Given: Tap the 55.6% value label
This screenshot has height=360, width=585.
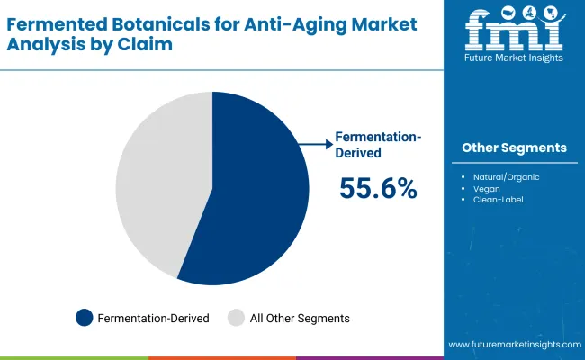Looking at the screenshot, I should (378, 188).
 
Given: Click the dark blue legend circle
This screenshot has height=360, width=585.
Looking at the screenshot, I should (85, 318).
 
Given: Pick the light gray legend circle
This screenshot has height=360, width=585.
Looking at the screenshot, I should (236, 318).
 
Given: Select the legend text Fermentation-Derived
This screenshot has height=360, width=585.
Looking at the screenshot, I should (153, 318).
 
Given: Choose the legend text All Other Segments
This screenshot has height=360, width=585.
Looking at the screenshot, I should (300, 318).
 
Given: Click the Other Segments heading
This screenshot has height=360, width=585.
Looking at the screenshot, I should (514, 148).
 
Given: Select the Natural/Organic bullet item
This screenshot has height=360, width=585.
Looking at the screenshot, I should (506, 177).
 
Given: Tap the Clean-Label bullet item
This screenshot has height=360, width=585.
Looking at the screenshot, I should (498, 199).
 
